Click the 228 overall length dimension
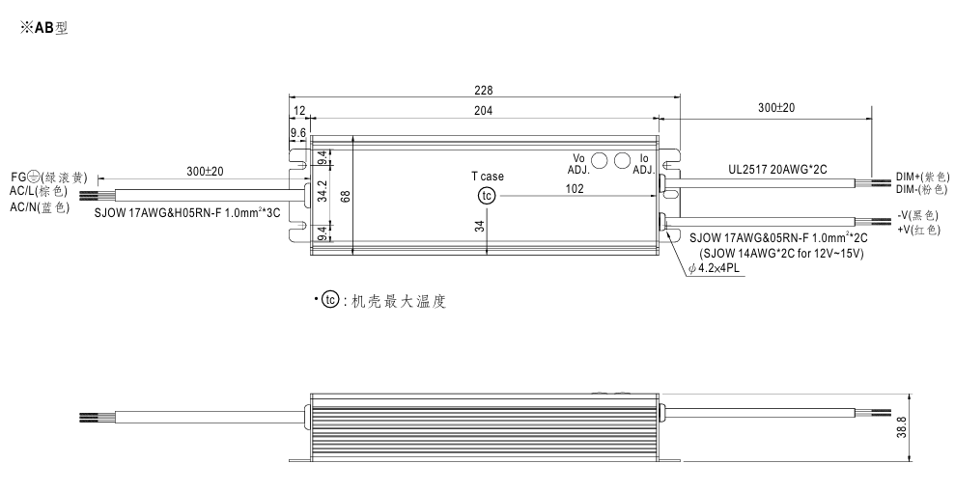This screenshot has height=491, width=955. click(x=483, y=90)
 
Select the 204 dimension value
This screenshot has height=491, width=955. click(x=483, y=110)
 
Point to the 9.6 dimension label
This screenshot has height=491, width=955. click(x=297, y=133)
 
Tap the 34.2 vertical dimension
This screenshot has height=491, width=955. click(x=323, y=190)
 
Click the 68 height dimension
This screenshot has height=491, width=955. click(x=347, y=196)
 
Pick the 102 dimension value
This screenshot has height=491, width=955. click(x=575, y=189)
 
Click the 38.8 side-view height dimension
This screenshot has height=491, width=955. click(x=902, y=427)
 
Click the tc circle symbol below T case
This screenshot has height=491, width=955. click(x=487, y=196)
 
